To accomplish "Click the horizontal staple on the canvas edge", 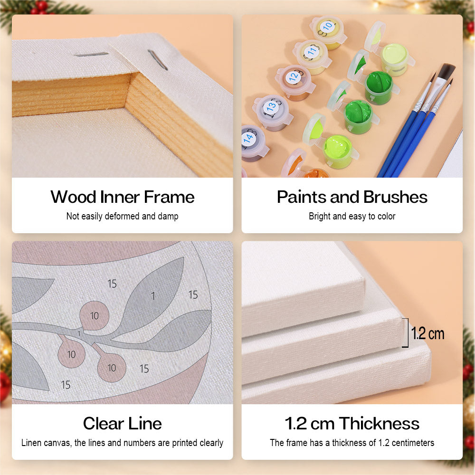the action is pos(91,55).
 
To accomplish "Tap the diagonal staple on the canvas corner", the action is pos(158,60).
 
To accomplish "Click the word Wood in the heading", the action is pos(73,197).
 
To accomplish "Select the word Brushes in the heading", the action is pos(395,197).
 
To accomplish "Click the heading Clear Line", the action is pos(123,423).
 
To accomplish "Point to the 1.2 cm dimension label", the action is pos(428,333).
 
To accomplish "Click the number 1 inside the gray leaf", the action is pos(153,295).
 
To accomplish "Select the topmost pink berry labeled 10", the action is pos(94,316).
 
